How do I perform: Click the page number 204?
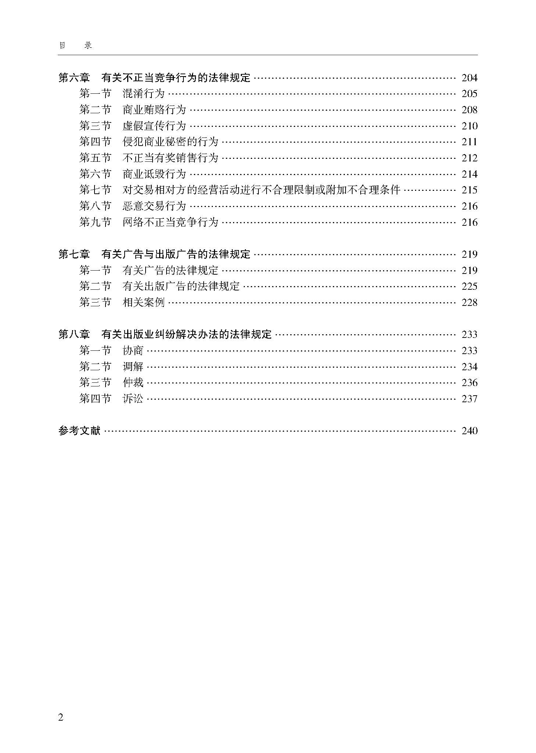[469, 78]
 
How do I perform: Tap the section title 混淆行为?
[143, 94]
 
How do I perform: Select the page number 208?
[469, 110]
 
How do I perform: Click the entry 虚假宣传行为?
[154, 126]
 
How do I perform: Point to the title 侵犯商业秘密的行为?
[170, 142]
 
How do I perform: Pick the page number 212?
[469, 158]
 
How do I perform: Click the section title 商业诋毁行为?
[154, 174]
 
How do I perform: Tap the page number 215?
[469, 190]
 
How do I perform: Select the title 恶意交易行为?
[154, 206]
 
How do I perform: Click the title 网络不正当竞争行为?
[170, 222]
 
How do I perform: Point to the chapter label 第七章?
[74, 254]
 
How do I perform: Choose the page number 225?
[469, 286]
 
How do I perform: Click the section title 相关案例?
[143, 303]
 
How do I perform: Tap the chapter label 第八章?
[74, 335]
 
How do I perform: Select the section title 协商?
[133, 351]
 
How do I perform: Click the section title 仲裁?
[133, 383]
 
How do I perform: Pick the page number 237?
[469, 399]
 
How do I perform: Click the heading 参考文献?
[79, 431]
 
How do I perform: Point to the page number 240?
[469, 431]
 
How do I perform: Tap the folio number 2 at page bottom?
[61, 717]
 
